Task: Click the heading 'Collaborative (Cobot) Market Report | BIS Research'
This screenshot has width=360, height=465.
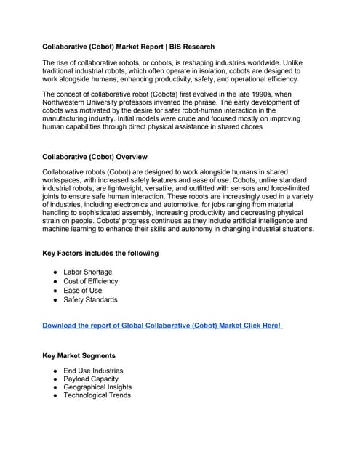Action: [x=128, y=46]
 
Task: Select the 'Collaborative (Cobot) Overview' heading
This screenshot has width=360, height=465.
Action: [x=95, y=157]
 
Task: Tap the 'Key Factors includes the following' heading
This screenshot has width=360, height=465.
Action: [x=100, y=254]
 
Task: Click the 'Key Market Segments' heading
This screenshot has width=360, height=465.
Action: [x=79, y=356]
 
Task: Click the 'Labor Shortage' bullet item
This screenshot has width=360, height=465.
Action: [x=88, y=272]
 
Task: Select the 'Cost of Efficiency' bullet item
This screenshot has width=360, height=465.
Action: [x=91, y=281]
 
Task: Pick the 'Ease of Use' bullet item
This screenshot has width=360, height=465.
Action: [x=83, y=291]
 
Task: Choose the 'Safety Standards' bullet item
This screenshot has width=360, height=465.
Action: [x=90, y=299]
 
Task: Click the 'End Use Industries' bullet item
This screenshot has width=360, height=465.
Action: [x=93, y=371]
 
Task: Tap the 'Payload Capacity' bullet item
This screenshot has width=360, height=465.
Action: [x=91, y=379]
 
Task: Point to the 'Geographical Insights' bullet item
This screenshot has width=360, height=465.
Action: [x=97, y=387]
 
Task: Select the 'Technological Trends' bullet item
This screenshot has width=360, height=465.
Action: [x=97, y=396]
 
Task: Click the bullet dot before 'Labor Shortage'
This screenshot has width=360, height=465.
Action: [x=55, y=272]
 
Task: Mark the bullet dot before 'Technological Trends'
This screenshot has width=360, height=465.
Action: [x=55, y=396]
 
